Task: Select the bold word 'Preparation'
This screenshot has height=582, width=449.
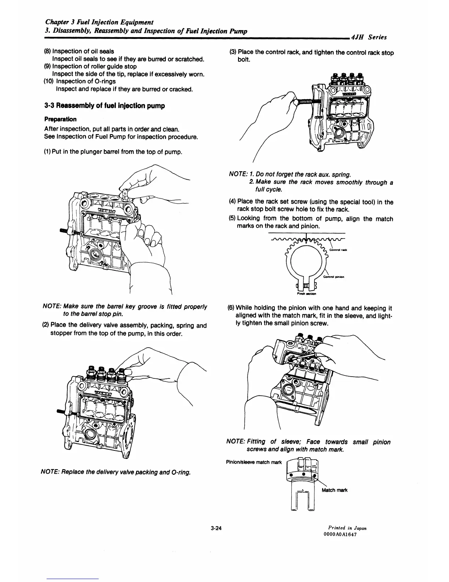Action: (61, 119)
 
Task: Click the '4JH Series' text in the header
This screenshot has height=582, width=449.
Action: (369, 37)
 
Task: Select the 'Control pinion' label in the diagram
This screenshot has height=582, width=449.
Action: (333, 277)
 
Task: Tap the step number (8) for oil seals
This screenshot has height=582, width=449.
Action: (47, 51)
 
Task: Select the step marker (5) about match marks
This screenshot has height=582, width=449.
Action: (232, 219)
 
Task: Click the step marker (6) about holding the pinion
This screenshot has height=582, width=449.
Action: (232, 308)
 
